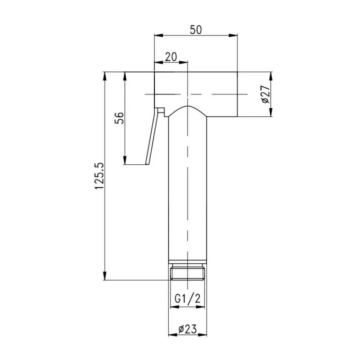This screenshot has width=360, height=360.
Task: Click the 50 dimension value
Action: click(x=196, y=30)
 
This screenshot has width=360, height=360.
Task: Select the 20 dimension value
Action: click(x=171, y=57)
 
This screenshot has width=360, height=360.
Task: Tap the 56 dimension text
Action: click(x=119, y=118)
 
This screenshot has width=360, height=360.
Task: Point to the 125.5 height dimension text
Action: click(x=99, y=176)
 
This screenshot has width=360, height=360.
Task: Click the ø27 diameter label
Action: click(x=266, y=94)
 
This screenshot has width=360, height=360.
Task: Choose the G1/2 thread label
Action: click(x=187, y=299)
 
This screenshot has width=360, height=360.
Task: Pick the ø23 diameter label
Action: click(x=188, y=329)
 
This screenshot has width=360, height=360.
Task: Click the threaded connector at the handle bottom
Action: click(x=188, y=272)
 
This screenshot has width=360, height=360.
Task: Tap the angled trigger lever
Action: click(x=152, y=136)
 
